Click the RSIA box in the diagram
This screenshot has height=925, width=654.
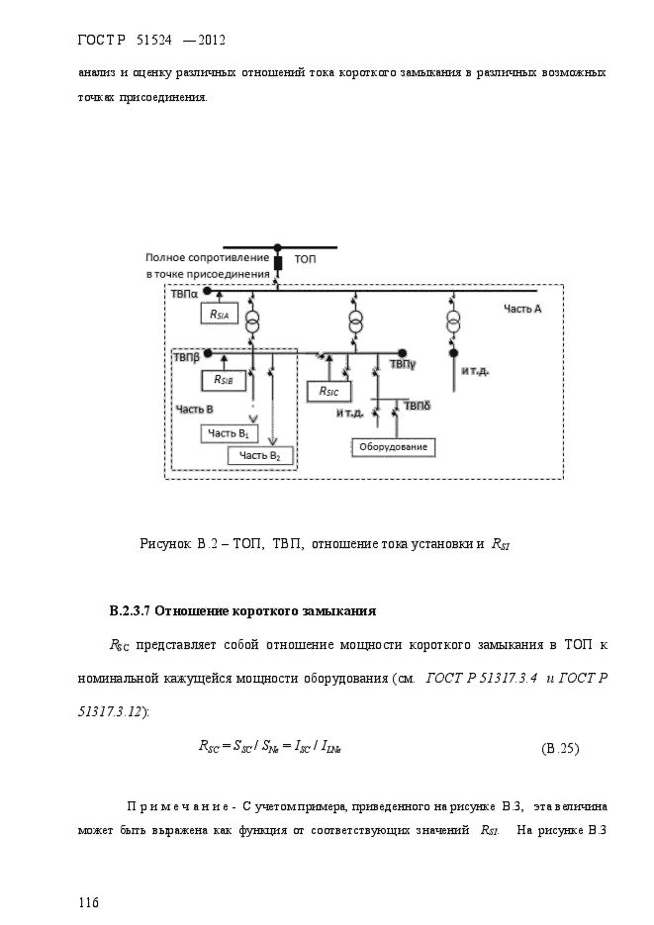coord(220,314)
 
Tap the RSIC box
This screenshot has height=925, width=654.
coord(329,391)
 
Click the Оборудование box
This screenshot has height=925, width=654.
coord(393,447)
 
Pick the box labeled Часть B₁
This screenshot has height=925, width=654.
coord(230,433)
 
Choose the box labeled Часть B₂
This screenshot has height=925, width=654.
coord(260,455)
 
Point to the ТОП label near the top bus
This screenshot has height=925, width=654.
coord(305,259)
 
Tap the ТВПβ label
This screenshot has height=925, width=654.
coord(186,358)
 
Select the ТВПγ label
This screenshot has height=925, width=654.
coord(402,365)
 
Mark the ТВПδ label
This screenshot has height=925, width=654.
coord(417,407)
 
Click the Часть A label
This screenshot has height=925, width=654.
coord(522,309)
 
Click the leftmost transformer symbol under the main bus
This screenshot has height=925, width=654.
coord(253,323)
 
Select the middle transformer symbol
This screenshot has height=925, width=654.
coord(355,323)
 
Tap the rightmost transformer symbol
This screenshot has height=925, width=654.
coord(453,323)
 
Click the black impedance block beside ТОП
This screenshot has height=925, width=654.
coord(279,263)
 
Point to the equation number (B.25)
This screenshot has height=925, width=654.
coord(560,749)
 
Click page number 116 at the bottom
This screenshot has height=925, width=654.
coord(88,902)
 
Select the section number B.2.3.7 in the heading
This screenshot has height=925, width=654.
coord(131,611)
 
